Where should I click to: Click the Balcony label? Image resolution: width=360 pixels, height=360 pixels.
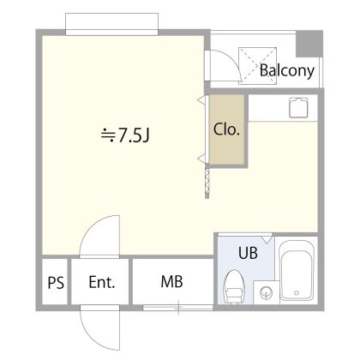287,70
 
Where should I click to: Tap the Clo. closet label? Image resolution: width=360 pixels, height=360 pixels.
226,129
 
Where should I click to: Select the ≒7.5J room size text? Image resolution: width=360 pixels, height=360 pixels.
125,135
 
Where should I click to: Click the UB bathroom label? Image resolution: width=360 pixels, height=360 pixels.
248,253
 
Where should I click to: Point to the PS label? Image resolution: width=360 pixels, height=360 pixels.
56,283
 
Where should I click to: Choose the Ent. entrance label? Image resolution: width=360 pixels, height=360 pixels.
102,282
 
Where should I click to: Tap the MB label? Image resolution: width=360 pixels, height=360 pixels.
171,282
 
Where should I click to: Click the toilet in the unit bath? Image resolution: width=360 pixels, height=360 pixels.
234,286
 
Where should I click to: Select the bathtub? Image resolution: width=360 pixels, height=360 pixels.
297,270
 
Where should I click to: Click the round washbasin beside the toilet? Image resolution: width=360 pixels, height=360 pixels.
266,292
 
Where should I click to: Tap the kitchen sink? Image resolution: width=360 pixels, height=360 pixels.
298,107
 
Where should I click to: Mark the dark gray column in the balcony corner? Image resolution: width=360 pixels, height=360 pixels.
309,44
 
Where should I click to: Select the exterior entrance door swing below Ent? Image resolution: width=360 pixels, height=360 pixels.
100,327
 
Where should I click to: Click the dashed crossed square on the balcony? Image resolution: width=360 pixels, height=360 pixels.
258,66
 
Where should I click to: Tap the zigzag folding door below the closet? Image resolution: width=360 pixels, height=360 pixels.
207,183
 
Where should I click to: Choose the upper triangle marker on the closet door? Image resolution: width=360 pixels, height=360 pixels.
201,100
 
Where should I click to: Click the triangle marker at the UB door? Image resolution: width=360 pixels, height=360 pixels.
267,239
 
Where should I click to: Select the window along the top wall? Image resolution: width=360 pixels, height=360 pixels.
111,24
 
